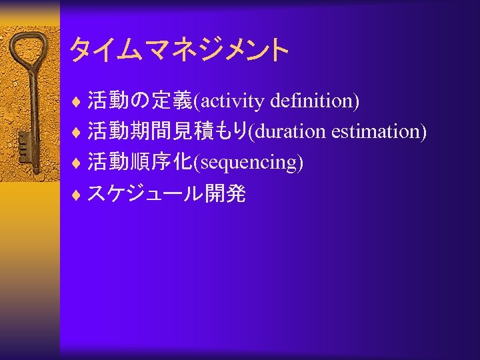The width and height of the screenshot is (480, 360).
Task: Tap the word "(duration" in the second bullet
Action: click(286, 131)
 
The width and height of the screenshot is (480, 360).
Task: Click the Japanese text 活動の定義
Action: click(139, 101)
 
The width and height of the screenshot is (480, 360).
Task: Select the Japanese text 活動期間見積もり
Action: click(167, 131)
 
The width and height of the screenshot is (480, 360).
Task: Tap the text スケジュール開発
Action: click(167, 193)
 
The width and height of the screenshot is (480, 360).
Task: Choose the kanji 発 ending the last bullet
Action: click(236, 193)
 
